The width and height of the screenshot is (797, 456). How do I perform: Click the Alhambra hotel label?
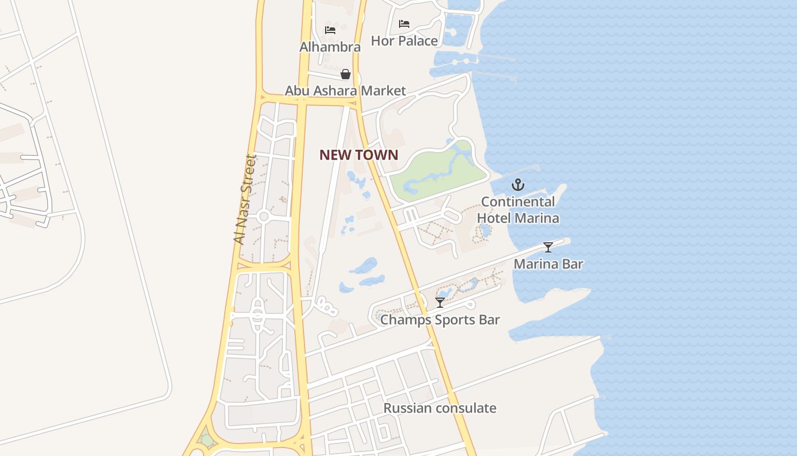tap(330, 47)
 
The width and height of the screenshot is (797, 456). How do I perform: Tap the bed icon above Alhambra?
tap(330, 30)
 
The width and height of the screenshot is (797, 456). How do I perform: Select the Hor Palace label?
tap(404, 40)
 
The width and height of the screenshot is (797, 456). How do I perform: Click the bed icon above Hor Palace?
tap(404, 24)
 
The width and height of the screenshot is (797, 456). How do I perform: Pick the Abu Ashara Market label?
tap(346, 91)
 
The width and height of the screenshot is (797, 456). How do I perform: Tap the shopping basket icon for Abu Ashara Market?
tap(346, 74)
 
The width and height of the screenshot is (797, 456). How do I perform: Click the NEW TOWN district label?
tap(359, 155)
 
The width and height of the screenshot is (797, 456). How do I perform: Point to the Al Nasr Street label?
tap(245, 199)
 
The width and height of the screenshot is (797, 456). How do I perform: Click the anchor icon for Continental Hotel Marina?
tap(517, 185)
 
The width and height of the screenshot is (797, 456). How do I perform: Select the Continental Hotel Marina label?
tap(517, 210)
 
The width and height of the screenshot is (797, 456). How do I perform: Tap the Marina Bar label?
tap(548, 264)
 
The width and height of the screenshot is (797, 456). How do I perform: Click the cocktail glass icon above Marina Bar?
tap(548, 247)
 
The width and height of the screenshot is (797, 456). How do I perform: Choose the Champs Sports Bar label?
tap(439, 319)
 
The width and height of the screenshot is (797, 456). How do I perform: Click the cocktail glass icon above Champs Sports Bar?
tap(439, 303)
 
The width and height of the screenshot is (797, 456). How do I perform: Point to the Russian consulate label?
tap(439, 408)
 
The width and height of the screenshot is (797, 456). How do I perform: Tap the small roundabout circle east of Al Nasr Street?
tap(263, 217)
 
